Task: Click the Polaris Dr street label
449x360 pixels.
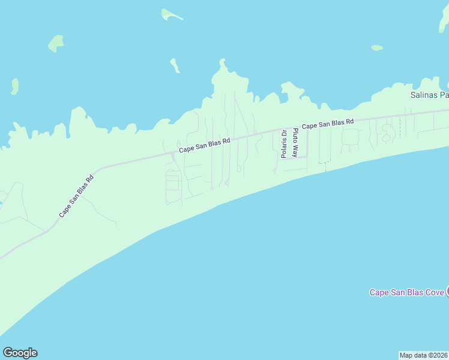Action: [284, 144]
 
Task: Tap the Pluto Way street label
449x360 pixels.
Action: [295, 143]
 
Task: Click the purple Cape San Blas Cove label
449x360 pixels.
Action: [406, 292]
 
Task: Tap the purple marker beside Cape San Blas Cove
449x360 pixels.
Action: [447, 292]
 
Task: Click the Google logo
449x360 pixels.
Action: [20, 353]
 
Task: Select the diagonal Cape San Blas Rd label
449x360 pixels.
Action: [77, 196]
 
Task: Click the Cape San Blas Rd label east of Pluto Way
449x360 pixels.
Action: [328, 124]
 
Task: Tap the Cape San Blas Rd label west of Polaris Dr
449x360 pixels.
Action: [205, 145]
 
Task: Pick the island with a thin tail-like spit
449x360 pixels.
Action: [171, 14]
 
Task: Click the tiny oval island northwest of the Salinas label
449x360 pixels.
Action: [377, 47]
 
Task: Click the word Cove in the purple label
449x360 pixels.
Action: [433, 292]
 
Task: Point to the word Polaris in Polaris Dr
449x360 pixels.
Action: [284, 148]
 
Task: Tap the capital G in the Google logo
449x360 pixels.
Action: [8, 353]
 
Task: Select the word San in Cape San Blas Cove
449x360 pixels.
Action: [400, 292]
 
